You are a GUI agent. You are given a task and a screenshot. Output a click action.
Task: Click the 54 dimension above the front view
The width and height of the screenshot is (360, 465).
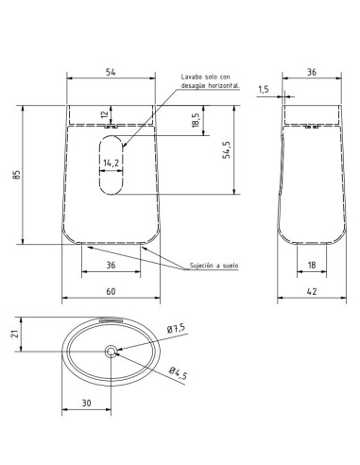coord(111,72)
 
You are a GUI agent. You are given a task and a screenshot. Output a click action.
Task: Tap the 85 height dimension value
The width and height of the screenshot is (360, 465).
coord(16,175)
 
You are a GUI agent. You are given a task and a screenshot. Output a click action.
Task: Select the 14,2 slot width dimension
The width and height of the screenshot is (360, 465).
coord(111,163)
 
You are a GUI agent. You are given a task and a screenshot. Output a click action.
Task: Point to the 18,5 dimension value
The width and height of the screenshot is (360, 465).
coord(196,120)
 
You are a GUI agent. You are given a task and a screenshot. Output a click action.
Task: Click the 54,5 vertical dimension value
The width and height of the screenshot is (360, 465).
coord(226,149)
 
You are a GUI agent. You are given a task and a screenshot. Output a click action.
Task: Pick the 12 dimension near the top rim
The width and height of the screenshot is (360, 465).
coord(106,113)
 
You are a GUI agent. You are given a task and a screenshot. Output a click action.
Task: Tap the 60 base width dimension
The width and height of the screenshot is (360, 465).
coord(111,291)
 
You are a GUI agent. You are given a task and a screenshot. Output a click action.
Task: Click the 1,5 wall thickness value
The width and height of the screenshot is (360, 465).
coord(264,90)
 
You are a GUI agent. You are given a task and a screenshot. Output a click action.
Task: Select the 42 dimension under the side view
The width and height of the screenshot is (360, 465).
coord(312,291)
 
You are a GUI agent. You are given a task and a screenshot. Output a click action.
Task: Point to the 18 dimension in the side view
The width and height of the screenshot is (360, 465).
coord(312,265)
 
